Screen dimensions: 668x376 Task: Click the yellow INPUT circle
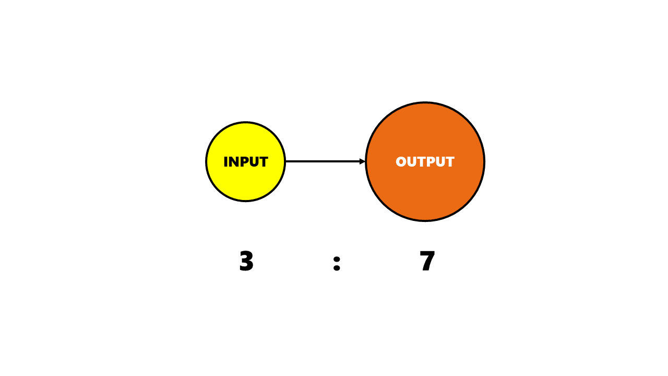[245, 161]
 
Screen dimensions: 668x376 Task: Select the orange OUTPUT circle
[425, 161]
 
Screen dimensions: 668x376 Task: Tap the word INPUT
[246, 162]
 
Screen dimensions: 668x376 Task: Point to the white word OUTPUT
[425, 162]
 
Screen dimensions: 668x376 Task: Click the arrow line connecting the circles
[325, 161]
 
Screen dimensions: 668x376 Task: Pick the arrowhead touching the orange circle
[362, 161]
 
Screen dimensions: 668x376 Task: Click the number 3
[246, 261]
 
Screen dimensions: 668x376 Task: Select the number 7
[427, 261]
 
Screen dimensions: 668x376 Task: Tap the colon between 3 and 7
[337, 264]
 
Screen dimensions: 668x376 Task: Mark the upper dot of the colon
[337, 260]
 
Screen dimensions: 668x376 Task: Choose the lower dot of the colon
[337, 267]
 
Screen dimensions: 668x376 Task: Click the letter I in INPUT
[226, 162]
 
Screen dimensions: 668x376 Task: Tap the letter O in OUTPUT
[401, 162]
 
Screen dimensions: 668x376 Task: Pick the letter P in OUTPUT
[432, 162]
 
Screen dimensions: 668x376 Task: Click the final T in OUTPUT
[450, 162]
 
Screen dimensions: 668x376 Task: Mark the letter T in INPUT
[264, 162]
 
